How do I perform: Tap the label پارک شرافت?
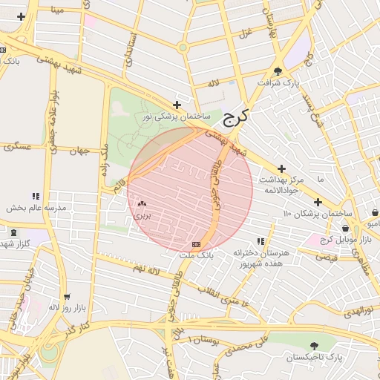(279, 83)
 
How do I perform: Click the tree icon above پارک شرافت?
(278, 72)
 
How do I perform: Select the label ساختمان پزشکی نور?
(177, 117)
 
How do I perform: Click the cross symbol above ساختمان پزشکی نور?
(177, 105)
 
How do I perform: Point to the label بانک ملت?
(196, 255)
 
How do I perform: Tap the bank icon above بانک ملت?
(196, 243)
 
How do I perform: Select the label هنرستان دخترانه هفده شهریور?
(260, 258)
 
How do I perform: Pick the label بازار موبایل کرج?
(345, 239)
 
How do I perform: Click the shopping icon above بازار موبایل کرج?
(346, 229)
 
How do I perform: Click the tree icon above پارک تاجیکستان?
(315, 346)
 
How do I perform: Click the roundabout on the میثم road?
(182, 47)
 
